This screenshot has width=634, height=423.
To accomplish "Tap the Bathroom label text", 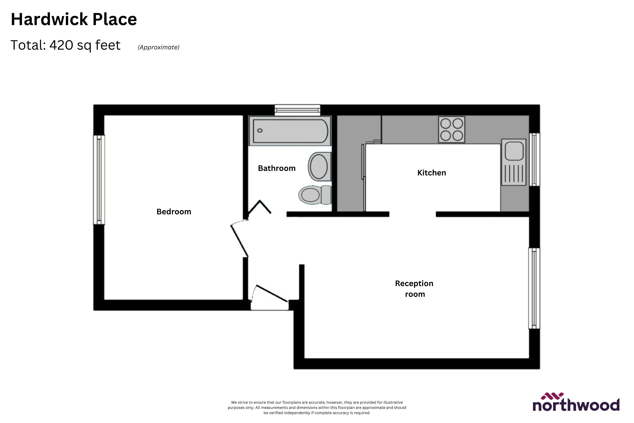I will click(x=277, y=168).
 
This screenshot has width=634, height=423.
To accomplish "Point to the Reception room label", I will click(x=414, y=289).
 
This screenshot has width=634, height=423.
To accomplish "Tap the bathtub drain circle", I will click(x=260, y=130).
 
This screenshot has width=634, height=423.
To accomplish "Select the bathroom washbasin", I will click(x=319, y=166).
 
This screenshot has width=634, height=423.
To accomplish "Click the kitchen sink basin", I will click(x=514, y=151).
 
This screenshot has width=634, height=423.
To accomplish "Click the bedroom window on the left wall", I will click(x=99, y=179).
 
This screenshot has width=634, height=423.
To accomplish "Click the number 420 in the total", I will click(x=61, y=45).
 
